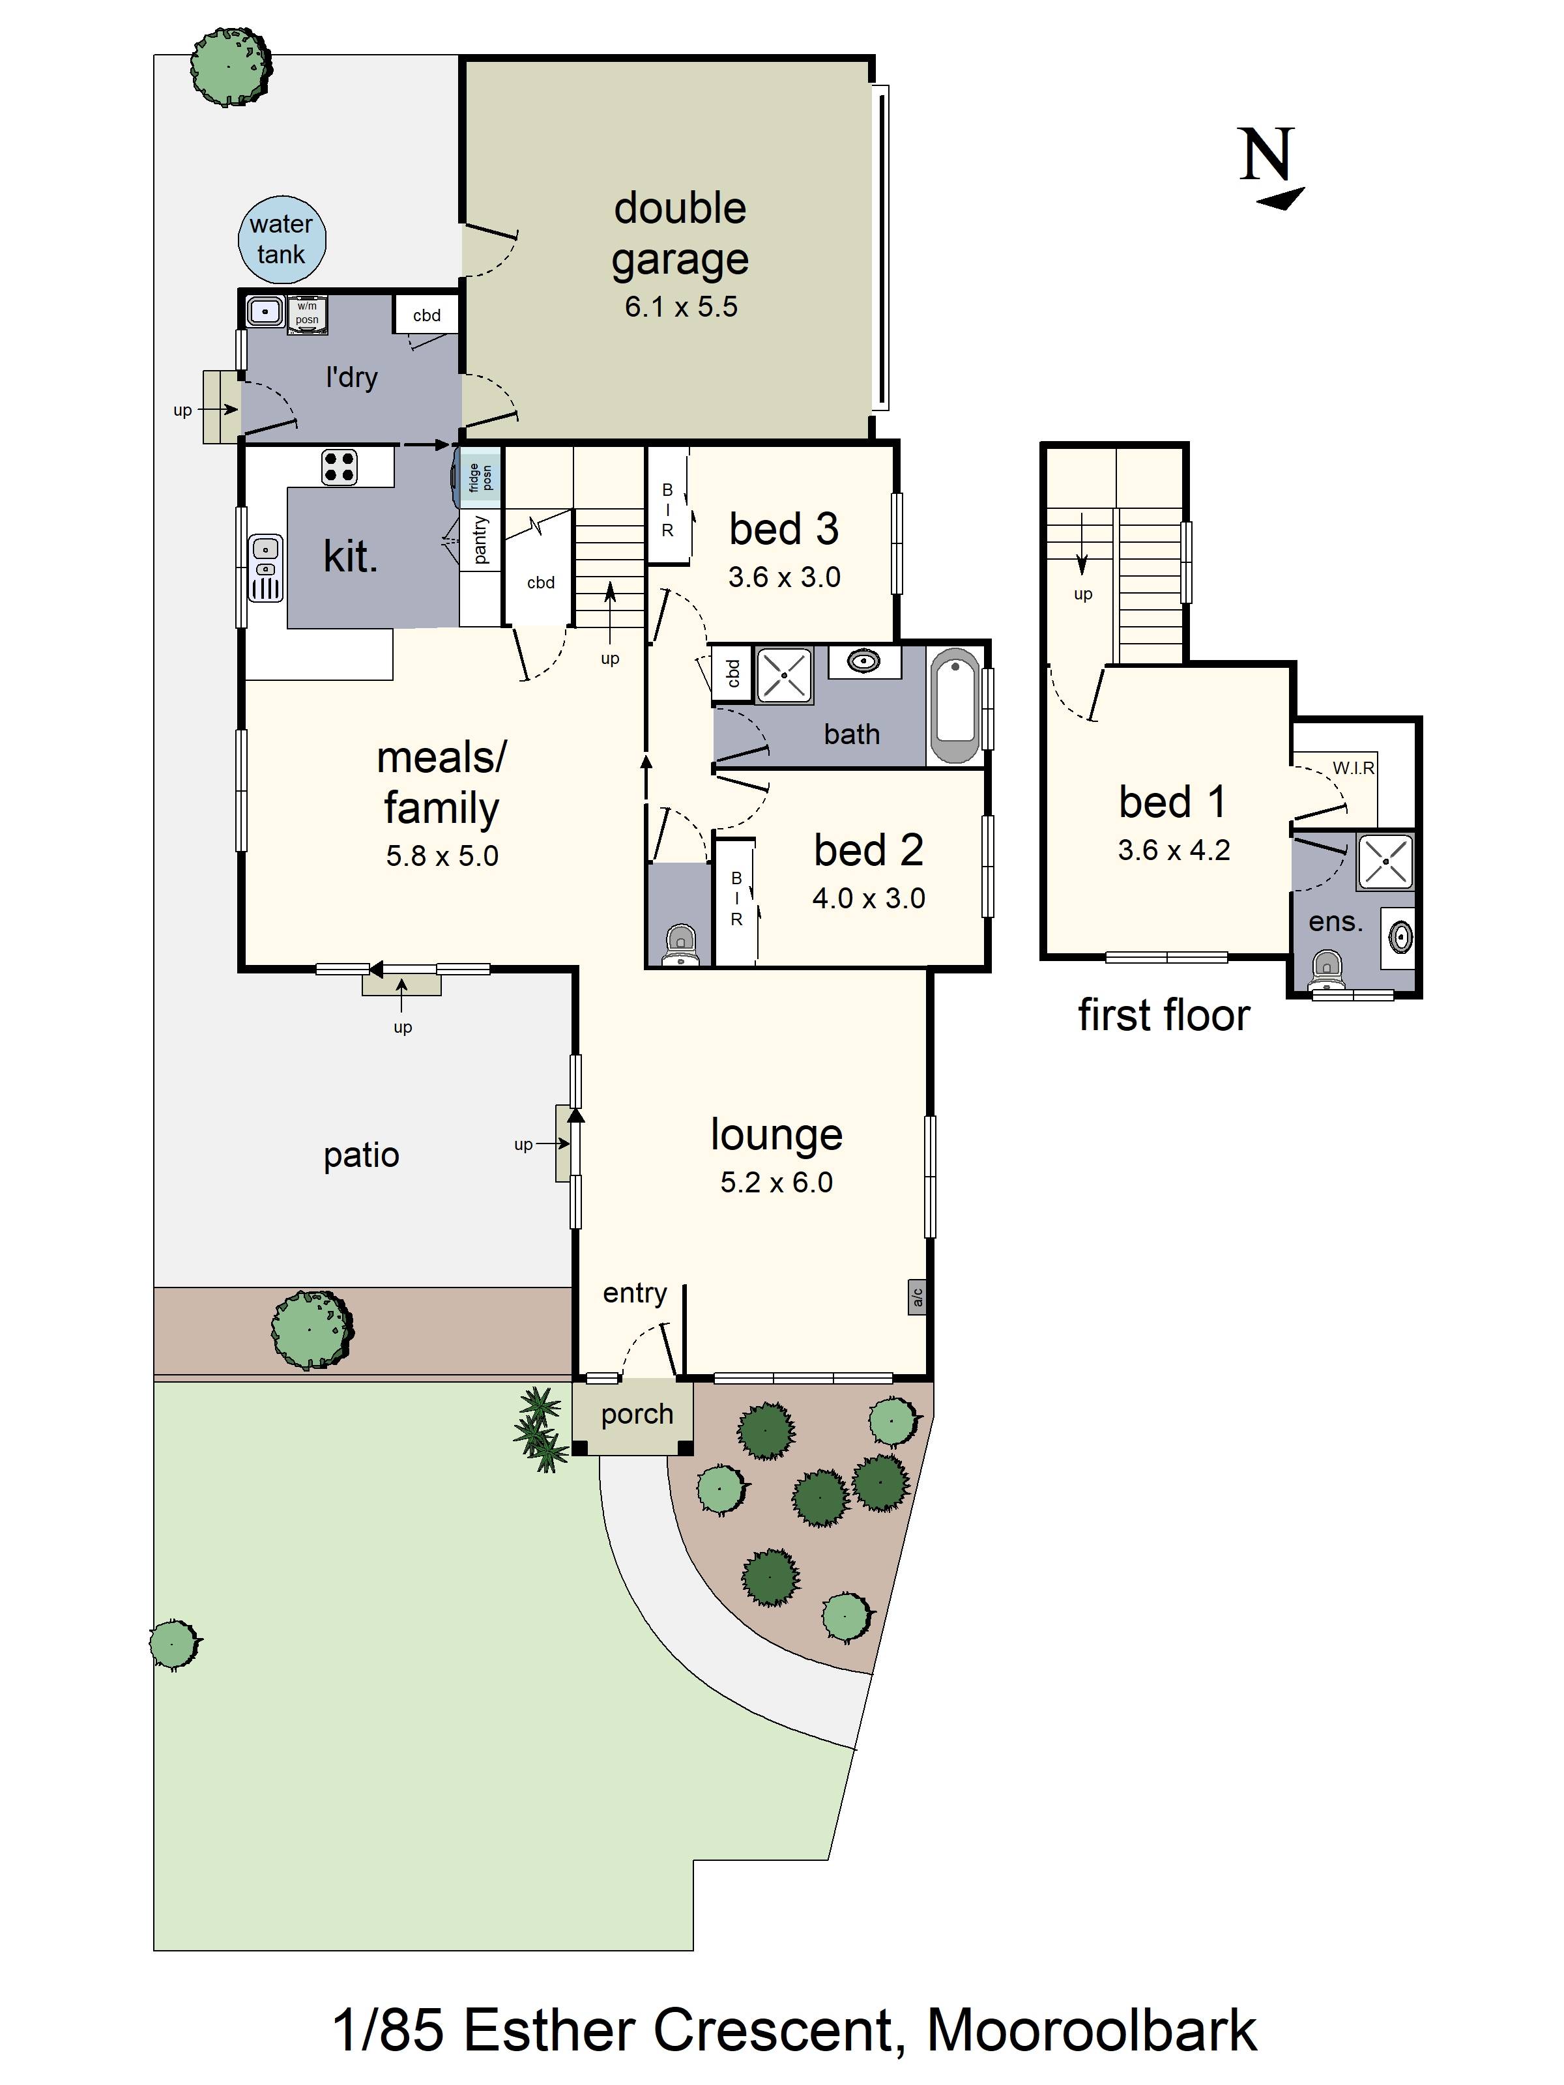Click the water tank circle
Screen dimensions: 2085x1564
pyautogui.click(x=281, y=239)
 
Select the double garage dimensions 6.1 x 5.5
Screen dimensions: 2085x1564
pyautogui.click(x=680, y=306)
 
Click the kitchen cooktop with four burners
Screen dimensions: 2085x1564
pyautogui.click(x=340, y=467)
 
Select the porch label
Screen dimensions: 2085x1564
pyautogui.click(x=637, y=1414)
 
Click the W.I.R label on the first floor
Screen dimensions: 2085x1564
pyautogui.click(x=1353, y=768)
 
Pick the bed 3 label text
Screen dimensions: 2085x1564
pyautogui.click(x=783, y=529)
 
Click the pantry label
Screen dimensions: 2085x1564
pyautogui.click(x=480, y=540)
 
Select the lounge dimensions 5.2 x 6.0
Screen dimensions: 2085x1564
pyautogui.click(x=777, y=1182)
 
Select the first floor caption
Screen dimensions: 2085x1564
pyautogui.click(x=1163, y=1015)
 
